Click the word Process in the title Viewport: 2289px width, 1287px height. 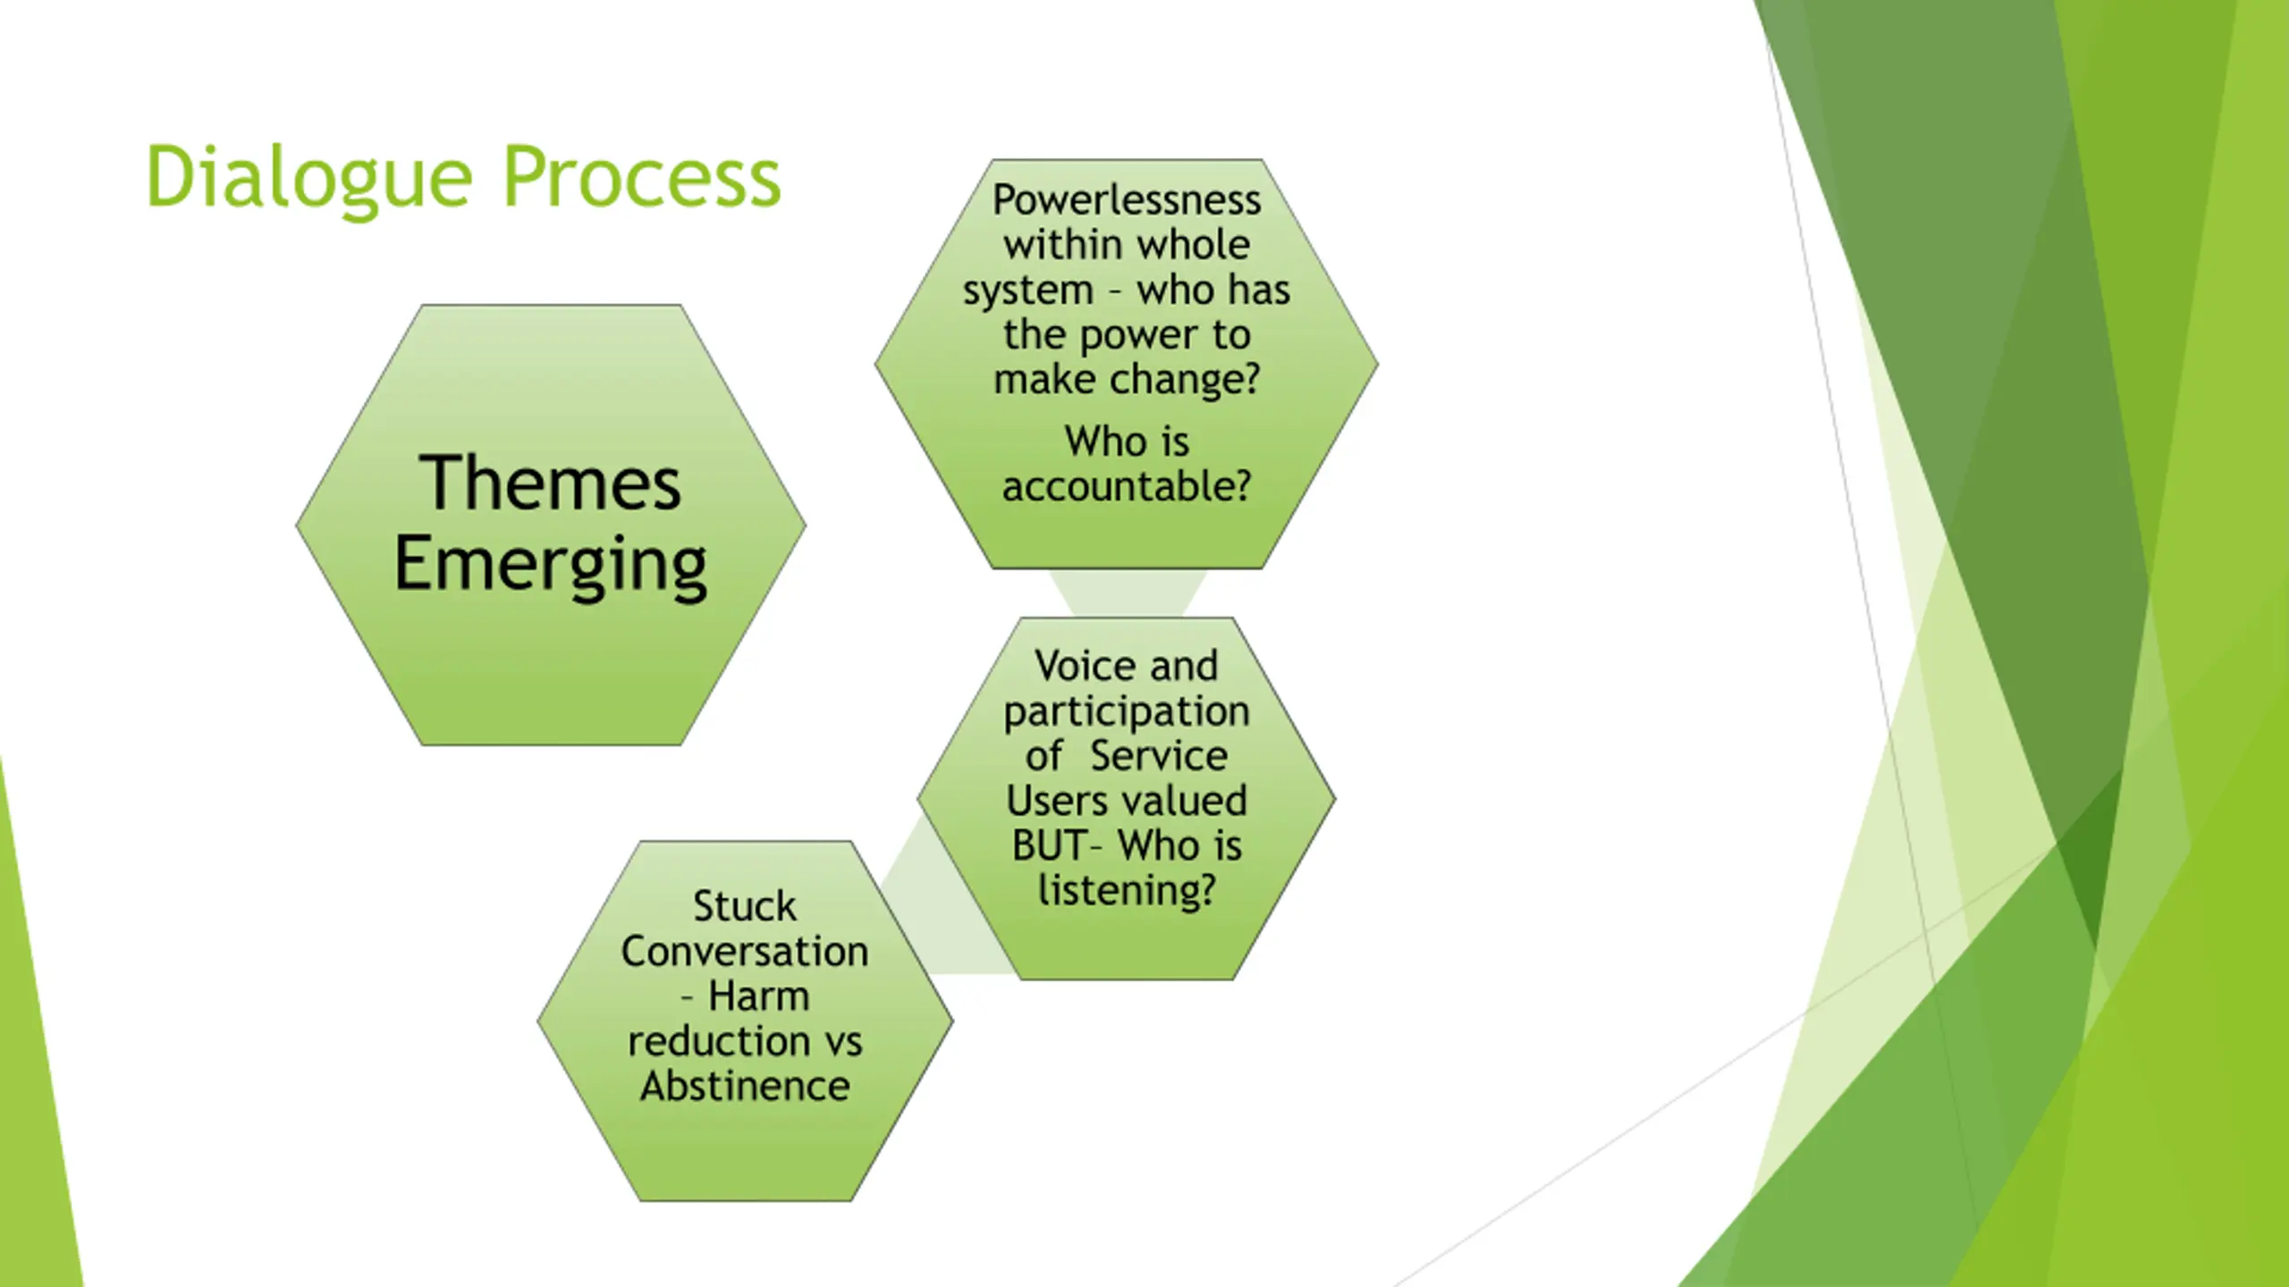(642, 177)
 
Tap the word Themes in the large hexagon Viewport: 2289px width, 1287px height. (550, 483)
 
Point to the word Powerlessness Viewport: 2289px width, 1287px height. (1127, 199)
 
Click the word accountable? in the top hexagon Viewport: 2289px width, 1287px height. (1127, 486)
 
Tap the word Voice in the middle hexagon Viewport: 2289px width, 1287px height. (1077, 666)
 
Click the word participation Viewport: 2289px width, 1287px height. (1127, 712)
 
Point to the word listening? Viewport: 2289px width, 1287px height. (1127, 891)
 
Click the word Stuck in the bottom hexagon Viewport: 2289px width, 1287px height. (745, 906)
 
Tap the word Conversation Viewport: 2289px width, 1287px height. (745, 951)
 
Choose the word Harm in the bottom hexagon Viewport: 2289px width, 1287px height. (759, 996)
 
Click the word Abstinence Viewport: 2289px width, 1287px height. (745, 1086)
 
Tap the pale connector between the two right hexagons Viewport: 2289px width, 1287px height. (1128, 593)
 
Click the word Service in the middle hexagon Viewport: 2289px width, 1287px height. (1159, 756)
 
